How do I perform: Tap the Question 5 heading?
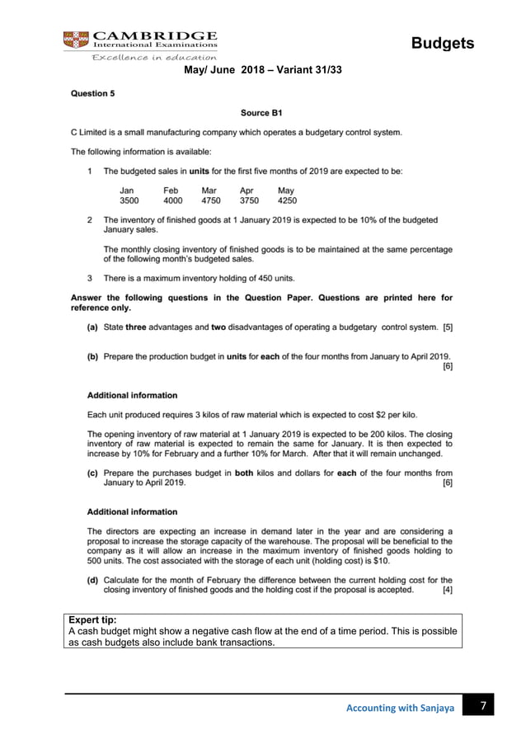point(92,94)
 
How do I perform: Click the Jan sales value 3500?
point(129,200)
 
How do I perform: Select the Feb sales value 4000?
point(172,200)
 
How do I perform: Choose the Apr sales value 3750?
point(249,200)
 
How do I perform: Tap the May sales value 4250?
point(287,200)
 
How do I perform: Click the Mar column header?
point(210,190)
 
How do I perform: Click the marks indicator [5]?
point(447,327)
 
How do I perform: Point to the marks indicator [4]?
point(447,591)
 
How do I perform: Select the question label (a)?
point(93,327)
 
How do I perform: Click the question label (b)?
point(93,356)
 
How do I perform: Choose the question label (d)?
point(93,581)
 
